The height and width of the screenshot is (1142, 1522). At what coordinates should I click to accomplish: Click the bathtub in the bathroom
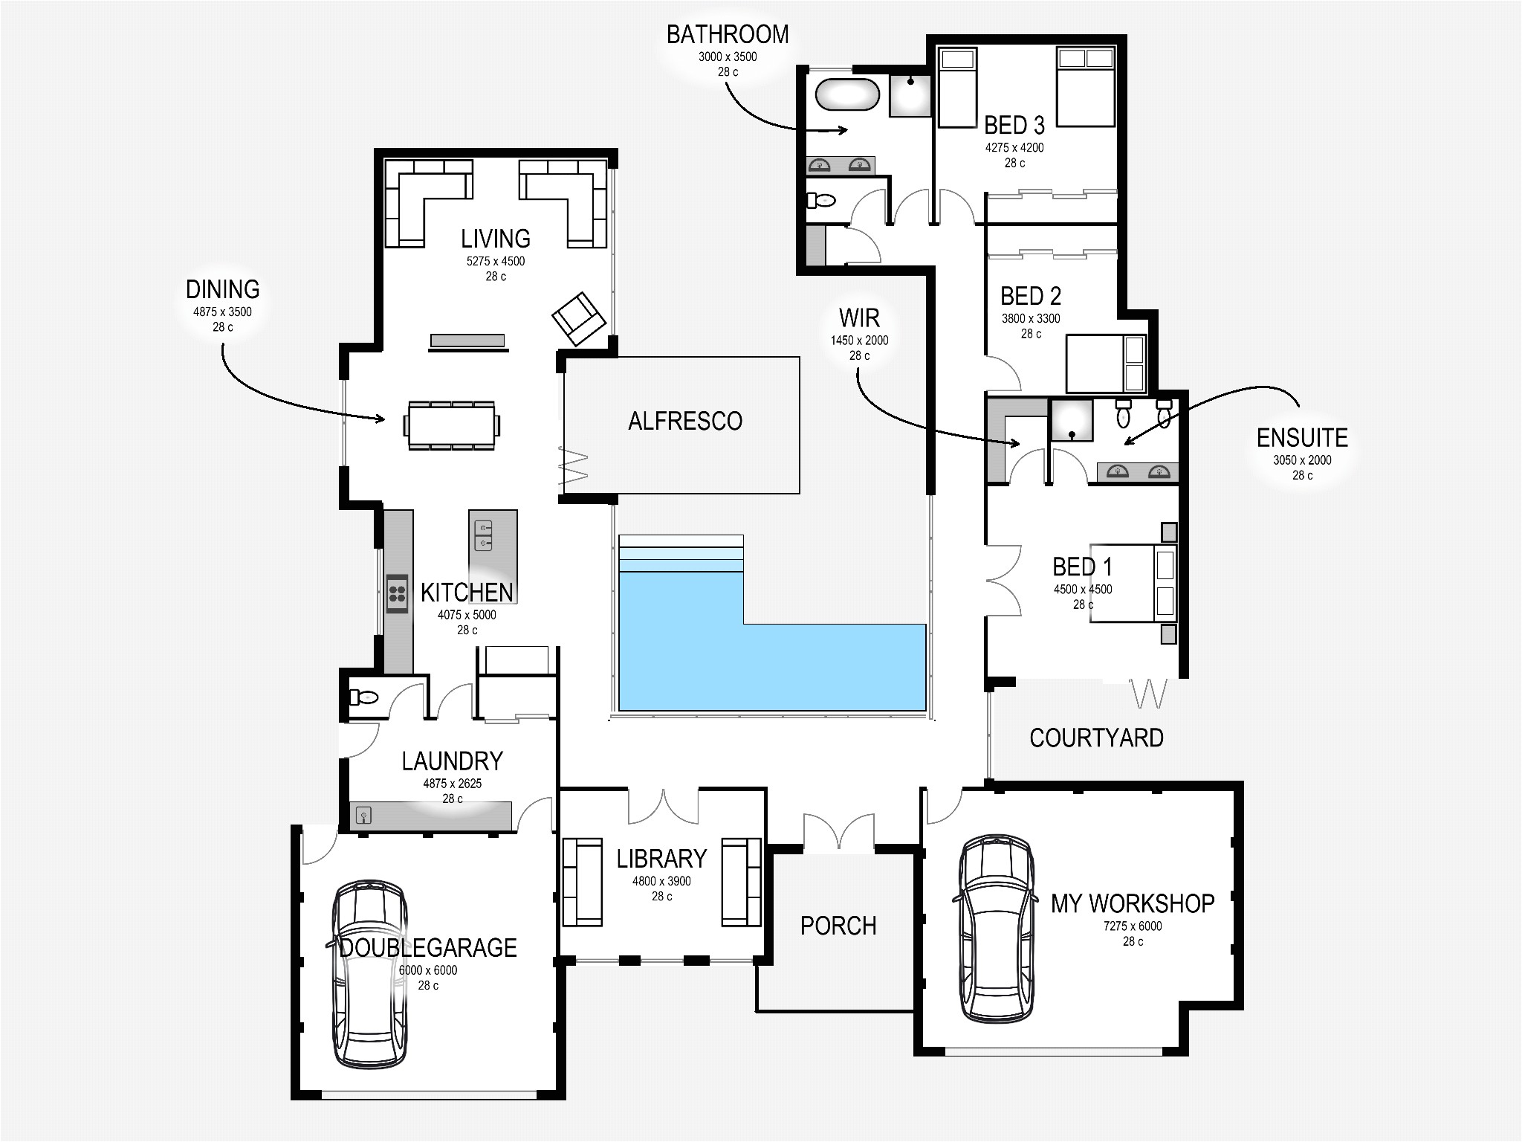pos(847,94)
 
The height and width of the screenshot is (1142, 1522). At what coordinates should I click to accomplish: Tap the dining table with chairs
pos(451,425)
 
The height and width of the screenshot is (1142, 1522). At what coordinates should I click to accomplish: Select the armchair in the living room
pos(578,318)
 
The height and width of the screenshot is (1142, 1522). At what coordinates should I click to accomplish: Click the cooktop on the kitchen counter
pos(397,593)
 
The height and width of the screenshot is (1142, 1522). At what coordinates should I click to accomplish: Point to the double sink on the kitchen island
pos(483,535)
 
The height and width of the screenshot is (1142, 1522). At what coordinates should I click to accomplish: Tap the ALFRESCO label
pos(684,422)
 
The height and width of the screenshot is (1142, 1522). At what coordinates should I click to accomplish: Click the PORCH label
pos(838,926)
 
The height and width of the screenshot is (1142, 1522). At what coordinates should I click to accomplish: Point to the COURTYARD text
pos(1095,738)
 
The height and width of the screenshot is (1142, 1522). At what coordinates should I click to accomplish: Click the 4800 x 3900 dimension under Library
pos(661,881)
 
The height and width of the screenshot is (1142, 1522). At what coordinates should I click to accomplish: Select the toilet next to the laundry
pos(363,697)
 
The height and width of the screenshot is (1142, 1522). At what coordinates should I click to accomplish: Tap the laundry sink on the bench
pos(363,815)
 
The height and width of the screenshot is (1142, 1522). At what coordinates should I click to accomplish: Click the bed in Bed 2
pos(1105,364)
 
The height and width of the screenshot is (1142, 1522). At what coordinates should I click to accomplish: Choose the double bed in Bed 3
pos(1086,86)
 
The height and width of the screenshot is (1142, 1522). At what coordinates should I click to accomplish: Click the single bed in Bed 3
pos(956,87)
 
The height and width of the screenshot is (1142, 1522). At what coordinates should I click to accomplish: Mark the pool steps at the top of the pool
pos(681,553)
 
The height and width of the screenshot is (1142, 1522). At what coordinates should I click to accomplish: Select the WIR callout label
pos(859,318)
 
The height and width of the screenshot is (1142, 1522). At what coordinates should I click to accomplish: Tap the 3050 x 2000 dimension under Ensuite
pos(1301,460)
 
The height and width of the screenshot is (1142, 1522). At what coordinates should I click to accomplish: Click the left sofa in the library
pos(582,882)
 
